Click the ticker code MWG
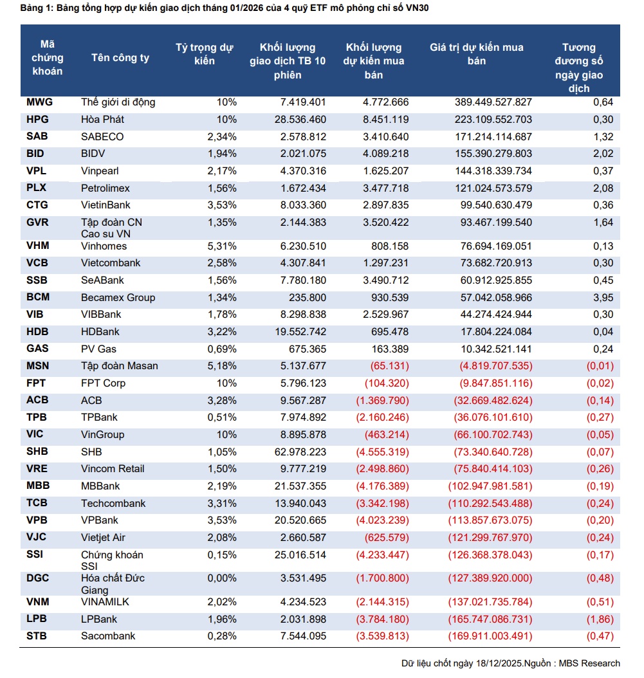coord(39,102)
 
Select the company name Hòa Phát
coord(102,120)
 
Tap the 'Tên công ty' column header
coord(120,58)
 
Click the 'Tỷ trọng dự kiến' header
coord(205,54)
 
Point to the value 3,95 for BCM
coord(603,297)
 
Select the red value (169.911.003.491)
coord(490,636)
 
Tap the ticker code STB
coord(37,636)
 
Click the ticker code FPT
coord(37,383)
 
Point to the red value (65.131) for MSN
coord(384,366)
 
